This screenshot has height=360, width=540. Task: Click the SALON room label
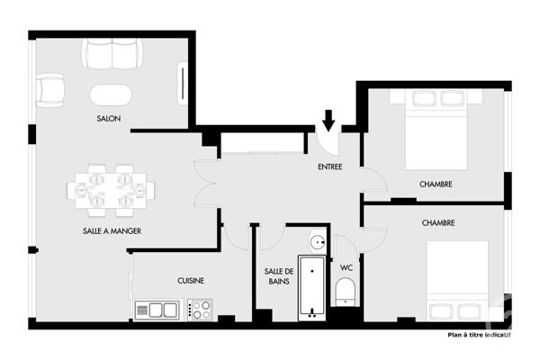point(109,119)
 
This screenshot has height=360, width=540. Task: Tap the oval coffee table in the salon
point(111,94)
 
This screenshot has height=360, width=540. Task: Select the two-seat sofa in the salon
point(112,55)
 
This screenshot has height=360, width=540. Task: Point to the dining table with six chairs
point(110,190)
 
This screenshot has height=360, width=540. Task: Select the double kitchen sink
point(157,310)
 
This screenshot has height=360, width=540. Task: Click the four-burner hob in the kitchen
point(200,310)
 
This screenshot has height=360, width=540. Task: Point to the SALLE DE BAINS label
point(279,277)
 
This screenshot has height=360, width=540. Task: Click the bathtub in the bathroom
point(311,287)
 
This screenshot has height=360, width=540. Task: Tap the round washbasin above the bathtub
point(318,241)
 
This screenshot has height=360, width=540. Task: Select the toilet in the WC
point(345,292)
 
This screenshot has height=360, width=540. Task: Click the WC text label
point(346,267)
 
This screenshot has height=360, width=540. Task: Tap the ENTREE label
point(329,167)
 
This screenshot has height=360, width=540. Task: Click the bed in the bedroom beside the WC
point(457,279)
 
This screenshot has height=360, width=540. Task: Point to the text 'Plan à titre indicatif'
point(479,337)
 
